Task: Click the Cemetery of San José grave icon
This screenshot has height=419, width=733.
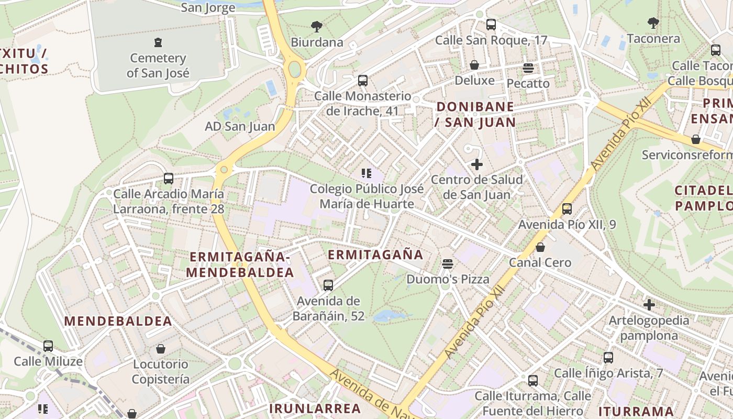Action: coord(158,42)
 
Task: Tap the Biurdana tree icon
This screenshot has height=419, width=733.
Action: coord(316,26)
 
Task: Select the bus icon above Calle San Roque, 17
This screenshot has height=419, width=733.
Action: coord(491,24)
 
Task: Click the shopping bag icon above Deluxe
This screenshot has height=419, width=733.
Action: coord(474,65)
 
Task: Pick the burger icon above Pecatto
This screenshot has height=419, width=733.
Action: coord(528,68)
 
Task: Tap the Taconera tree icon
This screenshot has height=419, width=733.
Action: coord(653,23)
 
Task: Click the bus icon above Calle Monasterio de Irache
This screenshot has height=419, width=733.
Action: coord(363,81)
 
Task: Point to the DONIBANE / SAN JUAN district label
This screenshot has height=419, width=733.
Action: coord(475,115)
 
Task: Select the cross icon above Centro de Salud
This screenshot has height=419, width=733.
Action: coord(476,164)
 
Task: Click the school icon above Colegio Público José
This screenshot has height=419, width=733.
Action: coord(366,173)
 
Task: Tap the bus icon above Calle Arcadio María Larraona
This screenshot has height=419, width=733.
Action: coord(169,179)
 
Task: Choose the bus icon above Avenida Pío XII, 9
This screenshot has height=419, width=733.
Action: coord(567,209)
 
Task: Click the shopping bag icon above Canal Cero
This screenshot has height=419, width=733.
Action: coord(540,247)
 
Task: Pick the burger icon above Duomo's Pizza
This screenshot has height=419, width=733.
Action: coord(447,263)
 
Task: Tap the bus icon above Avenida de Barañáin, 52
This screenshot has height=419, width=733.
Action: coord(328,285)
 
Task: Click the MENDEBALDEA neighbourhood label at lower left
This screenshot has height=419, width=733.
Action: coord(118,321)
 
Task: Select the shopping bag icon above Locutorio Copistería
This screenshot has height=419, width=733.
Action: coord(161,348)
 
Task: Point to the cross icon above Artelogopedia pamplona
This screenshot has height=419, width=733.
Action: coord(649,304)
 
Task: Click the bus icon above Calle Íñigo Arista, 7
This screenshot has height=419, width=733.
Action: coord(608,358)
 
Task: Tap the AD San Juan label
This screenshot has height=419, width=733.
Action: coord(240,126)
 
